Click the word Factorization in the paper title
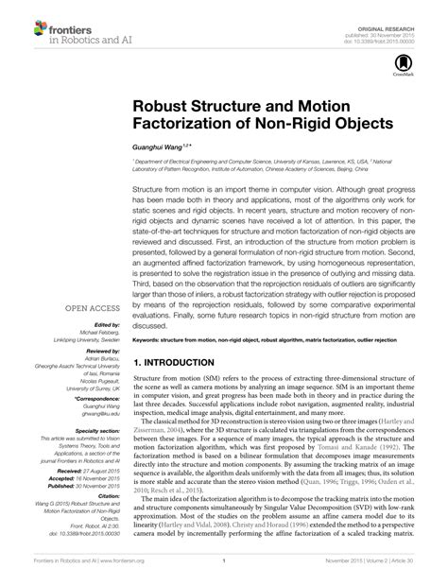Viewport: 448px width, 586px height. click(184, 122)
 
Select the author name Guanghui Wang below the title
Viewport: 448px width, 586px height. click(150, 146)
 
